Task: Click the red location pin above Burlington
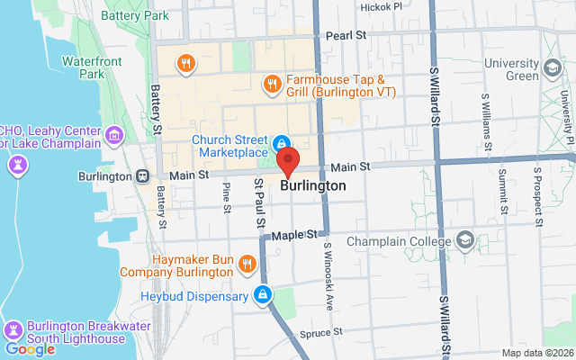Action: (x=288, y=162)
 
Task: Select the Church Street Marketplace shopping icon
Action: (x=282, y=143)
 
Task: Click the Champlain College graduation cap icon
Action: (x=464, y=240)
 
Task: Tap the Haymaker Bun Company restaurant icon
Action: (x=248, y=264)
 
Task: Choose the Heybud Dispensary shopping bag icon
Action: (x=262, y=293)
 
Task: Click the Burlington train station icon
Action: (x=142, y=175)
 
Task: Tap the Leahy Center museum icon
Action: (x=113, y=136)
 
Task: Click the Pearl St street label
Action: (x=346, y=35)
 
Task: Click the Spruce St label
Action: (x=327, y=331)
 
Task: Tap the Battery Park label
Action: (x=135, y=15)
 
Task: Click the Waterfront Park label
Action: (x=86, y=67)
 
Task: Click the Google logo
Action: (x=30, y=349)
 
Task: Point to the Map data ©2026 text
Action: (x=536, y=353)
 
